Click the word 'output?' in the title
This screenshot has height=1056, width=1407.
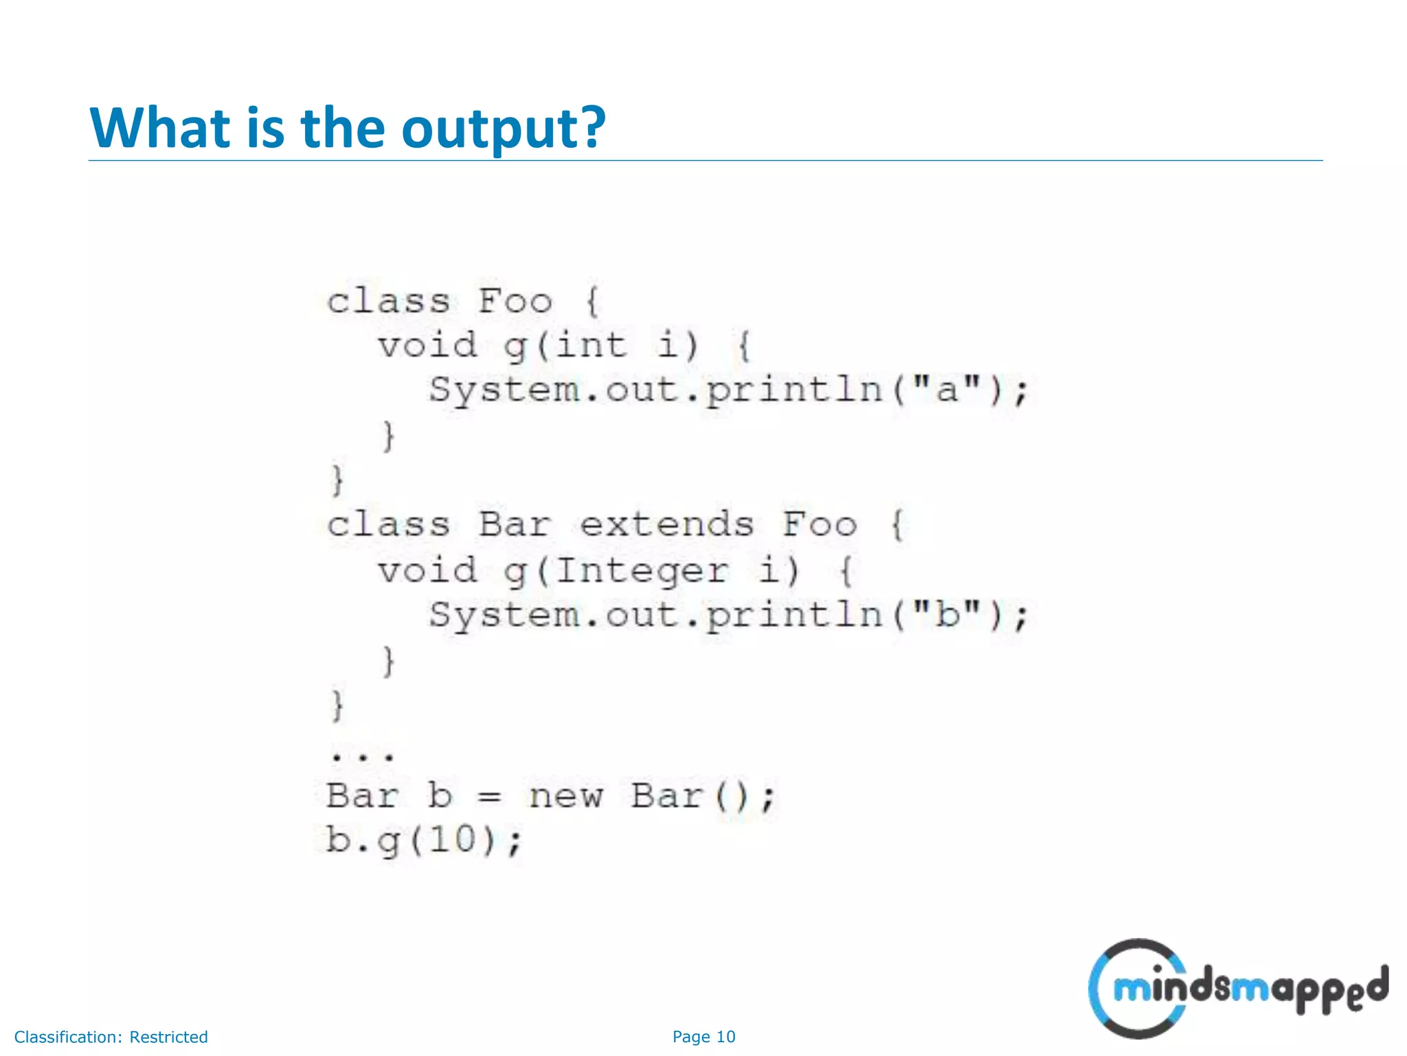click(503, 128)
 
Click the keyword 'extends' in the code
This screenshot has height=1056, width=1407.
click(666, 525)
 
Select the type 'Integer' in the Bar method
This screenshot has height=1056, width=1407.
click(641, 571)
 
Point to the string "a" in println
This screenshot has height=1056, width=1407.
click(947, 389)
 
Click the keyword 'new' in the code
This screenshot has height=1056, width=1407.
click(565, 796)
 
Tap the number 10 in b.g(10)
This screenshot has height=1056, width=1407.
click(453, 839)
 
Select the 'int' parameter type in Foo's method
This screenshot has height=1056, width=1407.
click(591, 344)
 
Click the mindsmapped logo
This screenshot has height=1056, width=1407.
click(1237, 989)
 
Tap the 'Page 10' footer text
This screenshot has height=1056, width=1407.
click(703, 1037)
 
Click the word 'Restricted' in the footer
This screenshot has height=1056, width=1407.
click(168, 1037)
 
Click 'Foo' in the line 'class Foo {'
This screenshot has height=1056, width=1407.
click(515, 301)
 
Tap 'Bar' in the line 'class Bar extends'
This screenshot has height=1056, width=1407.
click(515, 525)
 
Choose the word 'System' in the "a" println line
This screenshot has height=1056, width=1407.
click(505, 390)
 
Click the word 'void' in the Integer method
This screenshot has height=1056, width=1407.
click(427, 571)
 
